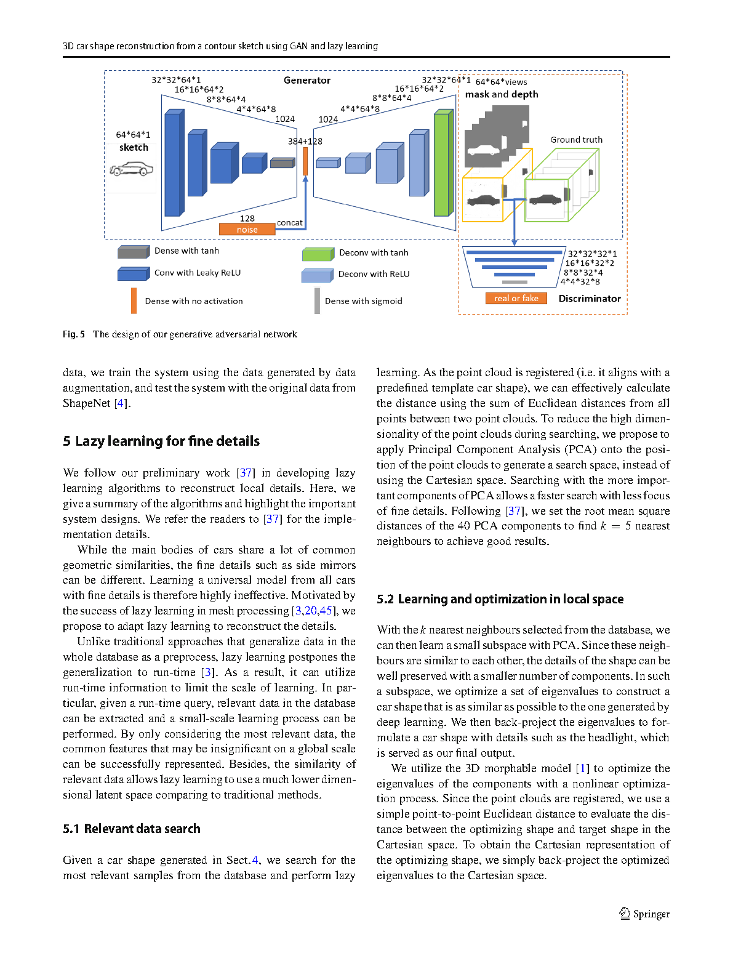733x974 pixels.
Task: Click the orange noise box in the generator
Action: pos(247,230)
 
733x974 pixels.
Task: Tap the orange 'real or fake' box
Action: pos(516,299)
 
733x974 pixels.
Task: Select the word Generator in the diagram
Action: pos(306,81)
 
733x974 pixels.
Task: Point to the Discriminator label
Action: pos(589,299)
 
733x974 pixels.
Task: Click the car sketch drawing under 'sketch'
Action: pos(132,168)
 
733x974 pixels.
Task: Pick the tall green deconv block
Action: pos(442,163)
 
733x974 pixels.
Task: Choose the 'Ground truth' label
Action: pos(576,140)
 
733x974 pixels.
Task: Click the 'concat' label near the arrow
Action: pos(289,223)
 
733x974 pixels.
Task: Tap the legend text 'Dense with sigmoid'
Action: pos(363,301)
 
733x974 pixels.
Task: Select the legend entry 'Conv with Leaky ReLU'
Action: pos(197,273)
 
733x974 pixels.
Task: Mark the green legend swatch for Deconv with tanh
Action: pos(317,254)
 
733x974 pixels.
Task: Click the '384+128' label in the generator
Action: pos(305,142)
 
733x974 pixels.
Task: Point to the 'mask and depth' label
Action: pos(501,94)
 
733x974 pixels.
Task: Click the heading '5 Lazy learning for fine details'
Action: pos(161,441)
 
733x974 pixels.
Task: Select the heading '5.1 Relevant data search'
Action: pos(132,829)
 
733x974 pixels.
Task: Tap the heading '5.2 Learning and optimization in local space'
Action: pos(500,599)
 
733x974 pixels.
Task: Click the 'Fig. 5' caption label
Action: pos(74,334)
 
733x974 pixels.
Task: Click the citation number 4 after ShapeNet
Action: pos(121,403)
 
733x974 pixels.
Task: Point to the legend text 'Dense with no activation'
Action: pos(194,301)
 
